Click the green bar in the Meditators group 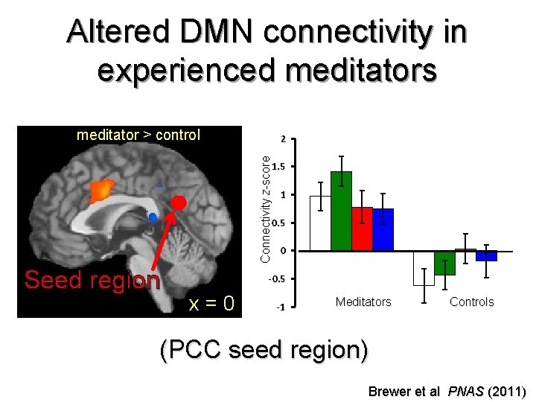[341, 211]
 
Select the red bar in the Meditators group [362, 229]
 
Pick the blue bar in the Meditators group [383, 230]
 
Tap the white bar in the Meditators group [320, 223]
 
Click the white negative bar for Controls [424, 268]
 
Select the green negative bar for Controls [444, 263]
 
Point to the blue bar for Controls [486, 255]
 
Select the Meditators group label [363, 301]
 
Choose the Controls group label [471, 301]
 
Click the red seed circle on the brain [179, 202]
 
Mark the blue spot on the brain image [153, 217]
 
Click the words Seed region [92, 280]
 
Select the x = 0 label [212, 303]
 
